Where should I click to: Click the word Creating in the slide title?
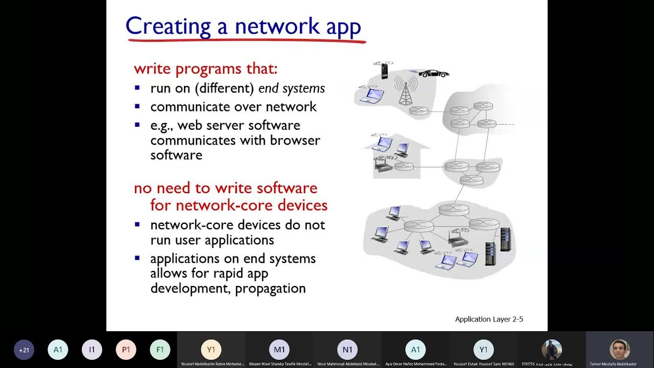pos(168,26)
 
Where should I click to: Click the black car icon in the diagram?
pos(434,74)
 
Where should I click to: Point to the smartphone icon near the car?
pos(384,71)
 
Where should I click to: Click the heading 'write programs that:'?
pos(205,68)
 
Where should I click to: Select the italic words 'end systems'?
pos(292,88)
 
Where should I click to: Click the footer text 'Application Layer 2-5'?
pos(489,319)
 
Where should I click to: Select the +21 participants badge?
pos(24,350)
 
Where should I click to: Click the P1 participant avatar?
pos(126,350)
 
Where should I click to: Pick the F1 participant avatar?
pos(160,350)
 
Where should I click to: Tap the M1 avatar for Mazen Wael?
pos(279,350)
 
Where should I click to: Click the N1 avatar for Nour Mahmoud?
pos(347,350)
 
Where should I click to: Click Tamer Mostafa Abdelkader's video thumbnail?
pos(619,350)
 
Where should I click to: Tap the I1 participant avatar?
pos(92,350)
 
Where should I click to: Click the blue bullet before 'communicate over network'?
pos(137,107)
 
